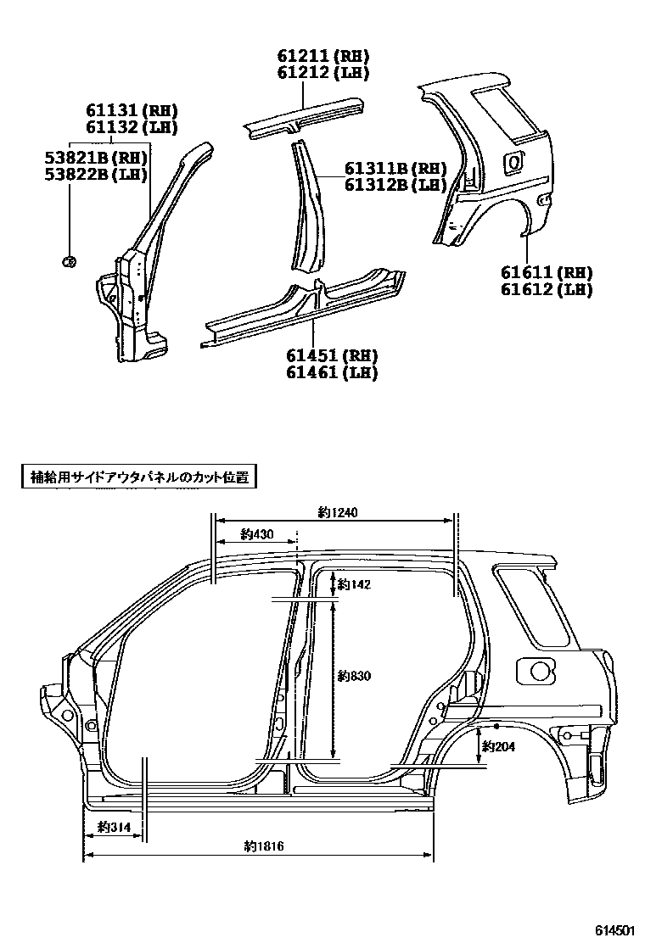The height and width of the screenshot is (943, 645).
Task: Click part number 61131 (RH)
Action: tap(131, 110)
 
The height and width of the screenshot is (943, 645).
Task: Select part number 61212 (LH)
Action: tap(322, 73)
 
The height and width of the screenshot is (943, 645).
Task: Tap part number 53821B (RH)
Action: tap(96, 158)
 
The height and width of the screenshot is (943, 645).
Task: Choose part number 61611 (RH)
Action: tap(546, 272)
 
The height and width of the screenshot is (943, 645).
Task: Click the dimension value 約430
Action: tap(257, 534)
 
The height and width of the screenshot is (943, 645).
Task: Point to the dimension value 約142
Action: tap(354, 584)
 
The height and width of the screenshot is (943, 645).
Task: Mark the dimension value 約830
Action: tap(354, 675)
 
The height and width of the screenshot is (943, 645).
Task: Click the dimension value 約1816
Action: tap(263, 845)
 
